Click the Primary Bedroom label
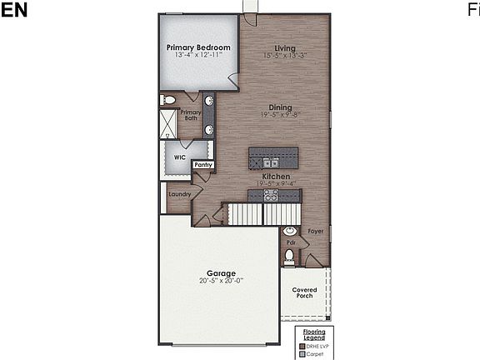click(197, 47)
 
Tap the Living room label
click(285, 47)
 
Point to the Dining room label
click(280, 107)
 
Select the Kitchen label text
click(276, 177)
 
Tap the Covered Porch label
click(303, 292)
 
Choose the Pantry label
click(203, 165)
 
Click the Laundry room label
click(179, 195)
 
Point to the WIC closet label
click(179, 157)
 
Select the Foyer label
click(315, 231)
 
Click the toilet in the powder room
click(289, 256)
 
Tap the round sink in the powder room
click(290, 231)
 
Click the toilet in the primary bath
click(169, 100)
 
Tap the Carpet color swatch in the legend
click(302, 353)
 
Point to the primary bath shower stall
click(169, 123)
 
